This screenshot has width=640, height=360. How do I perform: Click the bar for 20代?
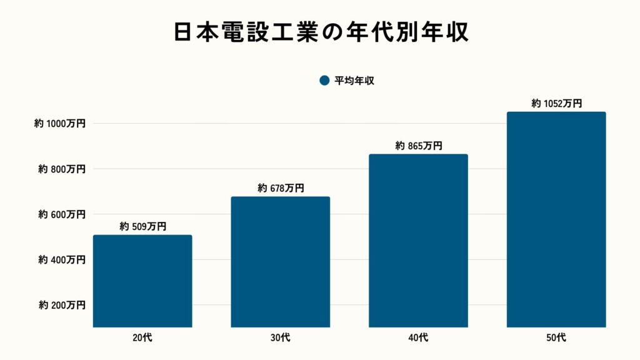142,281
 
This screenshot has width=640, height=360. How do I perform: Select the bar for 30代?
280,262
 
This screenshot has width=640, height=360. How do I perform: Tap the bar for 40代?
418,241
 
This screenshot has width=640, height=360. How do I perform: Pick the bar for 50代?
556,219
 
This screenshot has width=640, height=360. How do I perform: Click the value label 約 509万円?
142,227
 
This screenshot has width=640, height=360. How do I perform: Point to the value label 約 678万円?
281,188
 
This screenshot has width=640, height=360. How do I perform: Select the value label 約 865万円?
418,146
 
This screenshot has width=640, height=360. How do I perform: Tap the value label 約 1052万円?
556,103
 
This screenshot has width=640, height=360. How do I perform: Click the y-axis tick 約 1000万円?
60,124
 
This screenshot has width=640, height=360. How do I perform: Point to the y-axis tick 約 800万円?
62,169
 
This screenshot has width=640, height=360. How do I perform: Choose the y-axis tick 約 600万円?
62,214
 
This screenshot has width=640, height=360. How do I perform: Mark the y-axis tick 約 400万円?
62,259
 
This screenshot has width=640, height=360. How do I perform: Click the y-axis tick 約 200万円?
62,305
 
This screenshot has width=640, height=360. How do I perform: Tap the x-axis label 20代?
142,338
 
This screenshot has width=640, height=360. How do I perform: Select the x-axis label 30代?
281,338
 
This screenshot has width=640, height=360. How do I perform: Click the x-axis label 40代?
418,338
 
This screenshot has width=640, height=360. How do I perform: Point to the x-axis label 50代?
556,338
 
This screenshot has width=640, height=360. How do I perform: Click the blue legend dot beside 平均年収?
324,81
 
